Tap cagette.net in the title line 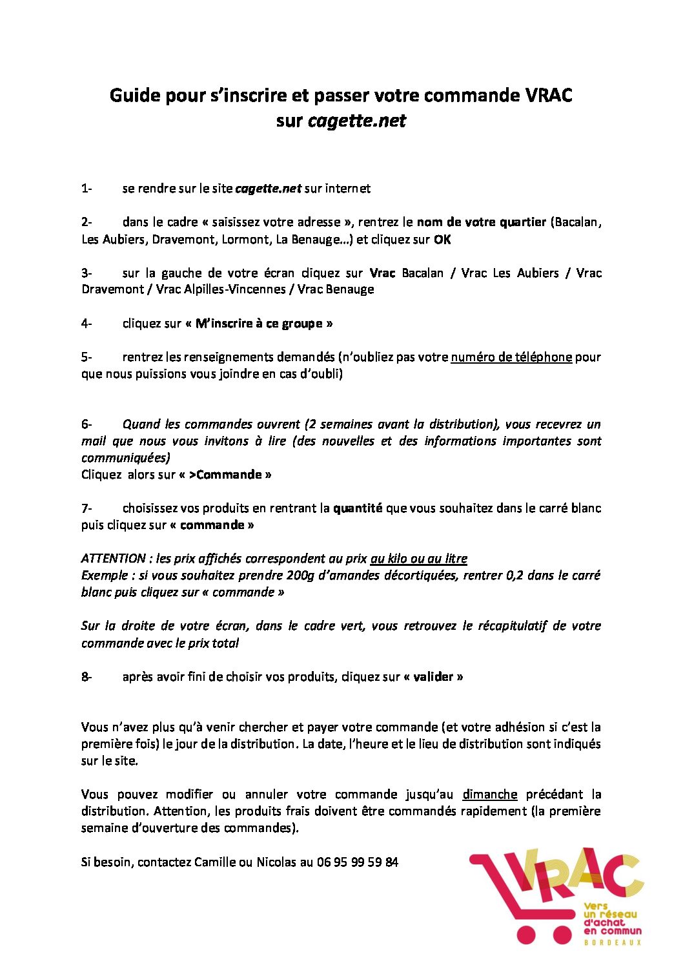357,121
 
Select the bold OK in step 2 442,239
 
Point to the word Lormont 245,239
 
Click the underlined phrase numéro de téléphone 511,357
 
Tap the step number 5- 87,357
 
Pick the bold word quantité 358,508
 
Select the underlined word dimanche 490,794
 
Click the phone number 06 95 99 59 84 358,862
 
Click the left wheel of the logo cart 527,935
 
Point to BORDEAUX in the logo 612,943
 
